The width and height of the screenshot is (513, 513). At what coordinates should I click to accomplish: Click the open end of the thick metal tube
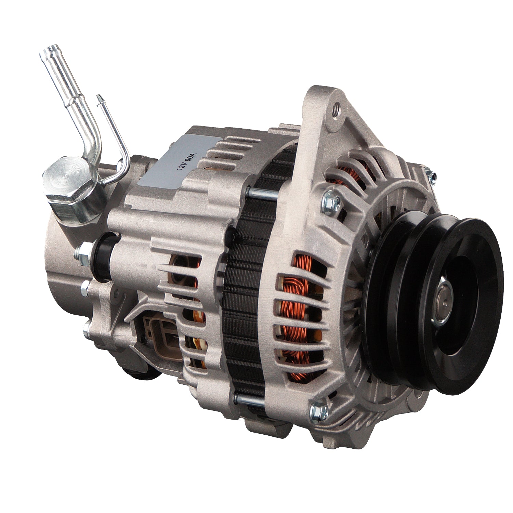[49, 55]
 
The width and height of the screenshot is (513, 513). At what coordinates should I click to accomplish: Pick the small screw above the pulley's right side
[433, 176]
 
